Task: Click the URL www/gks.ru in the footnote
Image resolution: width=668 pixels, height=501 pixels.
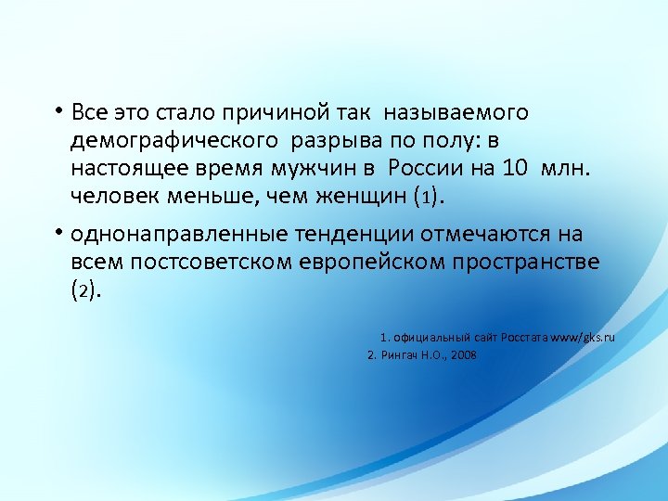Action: (583, 337)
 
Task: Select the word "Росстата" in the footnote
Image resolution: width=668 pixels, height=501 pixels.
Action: (525, 337)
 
